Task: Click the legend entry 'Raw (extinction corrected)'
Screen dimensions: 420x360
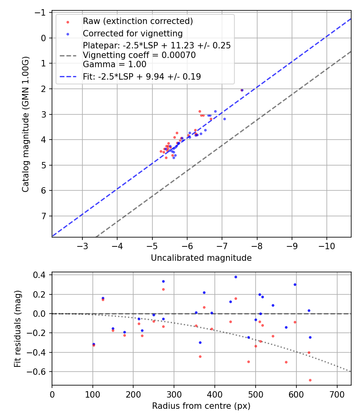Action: (x=138, y=21)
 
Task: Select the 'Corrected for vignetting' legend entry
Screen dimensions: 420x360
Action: (x=132, y=34)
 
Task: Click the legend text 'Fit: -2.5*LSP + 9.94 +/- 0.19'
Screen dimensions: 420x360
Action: (x=142, y=76)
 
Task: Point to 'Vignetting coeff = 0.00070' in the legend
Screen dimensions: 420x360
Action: (x=139, y=55)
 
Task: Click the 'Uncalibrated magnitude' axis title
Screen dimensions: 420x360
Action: (x=201, y=258)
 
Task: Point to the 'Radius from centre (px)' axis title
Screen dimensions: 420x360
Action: (x=201, y=406)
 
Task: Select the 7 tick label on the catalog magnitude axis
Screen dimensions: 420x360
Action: (x=44, y=216)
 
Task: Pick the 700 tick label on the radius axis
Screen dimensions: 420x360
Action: (x=337, y=394)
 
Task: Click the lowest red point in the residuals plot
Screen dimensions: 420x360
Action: (x=310, y=380)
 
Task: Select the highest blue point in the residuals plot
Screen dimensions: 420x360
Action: (x=236, y=277)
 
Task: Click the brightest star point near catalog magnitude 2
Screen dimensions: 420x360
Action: (x=242, y=90)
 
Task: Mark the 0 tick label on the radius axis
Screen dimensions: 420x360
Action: (x=52, y=394)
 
